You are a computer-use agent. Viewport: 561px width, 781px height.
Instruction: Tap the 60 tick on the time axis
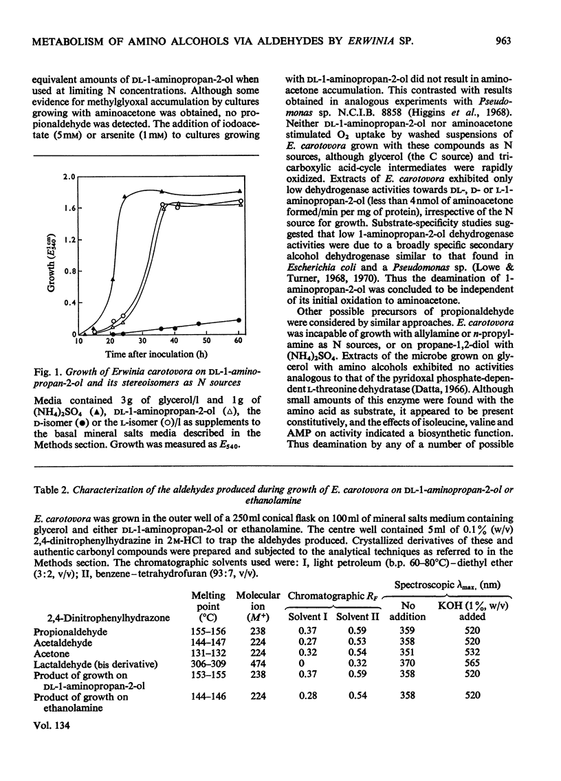(x=238, y=341)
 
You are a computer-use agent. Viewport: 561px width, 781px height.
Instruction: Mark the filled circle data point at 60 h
(x=238, y=320)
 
